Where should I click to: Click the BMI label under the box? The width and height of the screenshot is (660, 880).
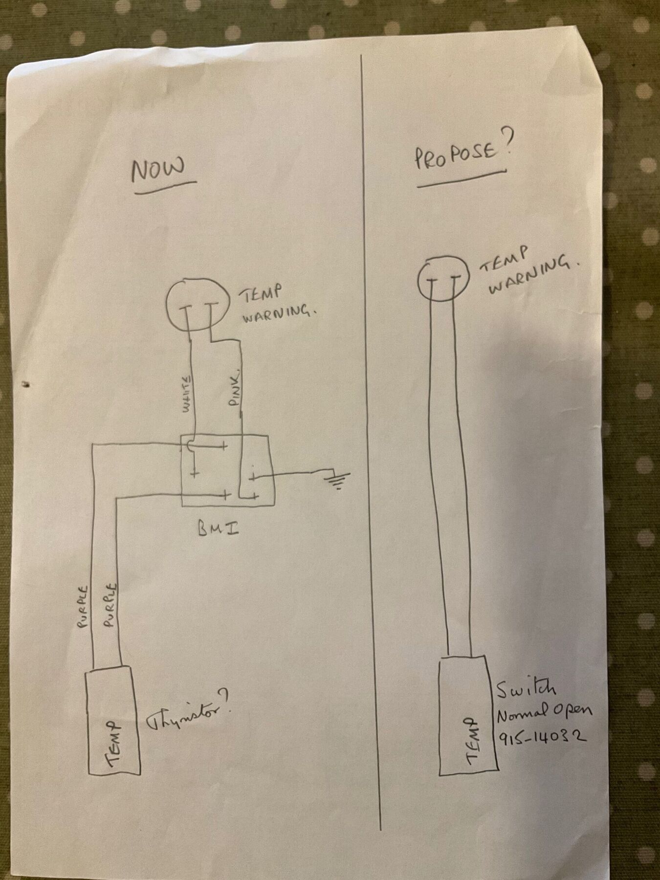pos(219,528)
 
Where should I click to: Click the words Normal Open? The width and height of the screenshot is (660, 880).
pos(544,713)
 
